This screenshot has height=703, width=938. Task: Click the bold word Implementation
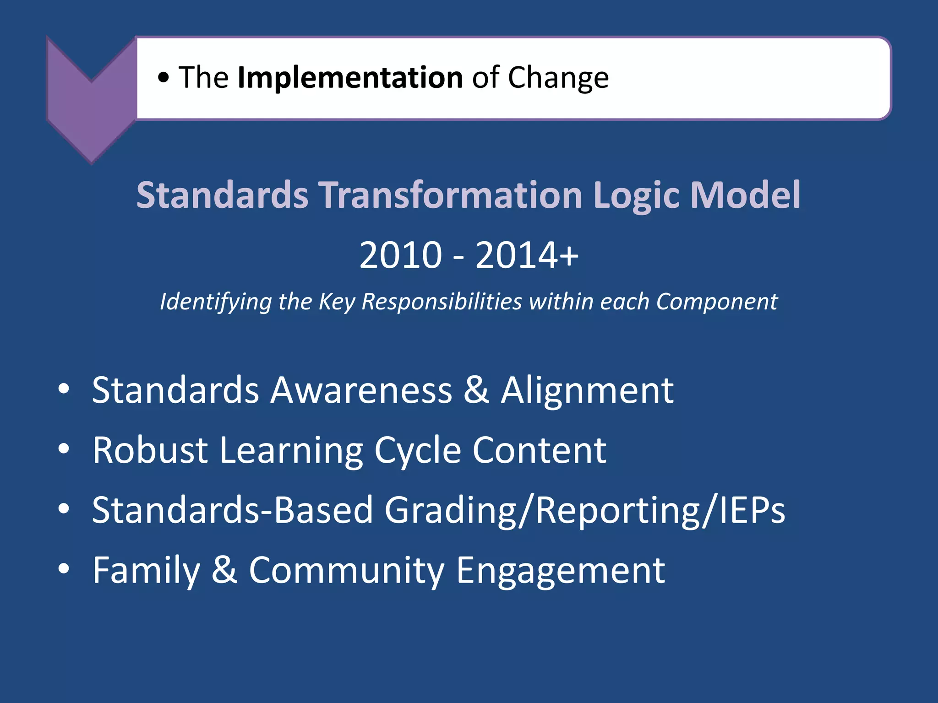click(350, 78)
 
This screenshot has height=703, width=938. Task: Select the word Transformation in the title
click(450, 195)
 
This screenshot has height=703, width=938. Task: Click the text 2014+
click(527, 255)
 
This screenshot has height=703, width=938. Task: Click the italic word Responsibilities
click(442, 302)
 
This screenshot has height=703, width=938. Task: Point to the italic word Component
click(717, 302)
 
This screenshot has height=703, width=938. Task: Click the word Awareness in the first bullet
click(361, 390)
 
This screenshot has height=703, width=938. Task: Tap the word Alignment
click(587, 390)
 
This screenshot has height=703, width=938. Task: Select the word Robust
click(150, 450)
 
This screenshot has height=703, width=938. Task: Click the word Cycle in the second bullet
click(417, 450)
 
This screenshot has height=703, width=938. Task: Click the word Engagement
click(560, 571)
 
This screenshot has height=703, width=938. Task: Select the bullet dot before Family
click(64, 569)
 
